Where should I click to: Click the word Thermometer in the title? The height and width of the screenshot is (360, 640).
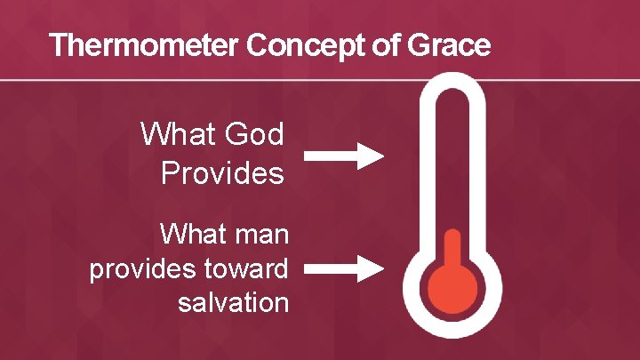click(x=145, y=45)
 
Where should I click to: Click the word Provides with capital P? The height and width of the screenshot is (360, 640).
click(x=222, y=172)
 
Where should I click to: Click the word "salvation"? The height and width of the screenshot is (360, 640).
click(x=233, y=302)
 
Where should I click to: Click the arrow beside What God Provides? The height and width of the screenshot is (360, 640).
click(x=343, y=156)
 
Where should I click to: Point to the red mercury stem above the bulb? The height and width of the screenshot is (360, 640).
click(x=452, y=249)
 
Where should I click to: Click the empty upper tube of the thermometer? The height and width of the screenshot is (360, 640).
click(x=452, y=160)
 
